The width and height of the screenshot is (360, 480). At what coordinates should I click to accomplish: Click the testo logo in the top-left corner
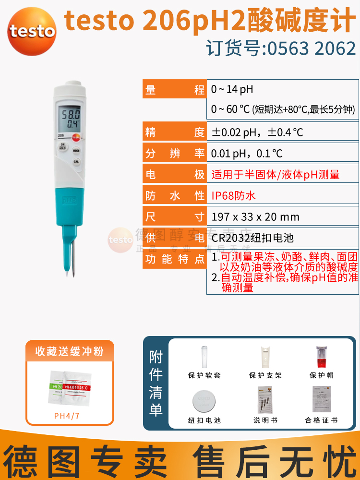(x=32, y=30)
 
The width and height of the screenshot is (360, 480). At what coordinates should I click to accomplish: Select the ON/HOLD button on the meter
(x=62, y=148)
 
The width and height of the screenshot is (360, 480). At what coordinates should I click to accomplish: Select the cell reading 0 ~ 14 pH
(x=232, y=90)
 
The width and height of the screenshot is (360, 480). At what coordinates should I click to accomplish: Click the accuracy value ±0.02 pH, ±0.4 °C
(x=257, y=132)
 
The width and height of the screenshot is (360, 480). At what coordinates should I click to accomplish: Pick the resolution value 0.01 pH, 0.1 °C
(x=247, y=153)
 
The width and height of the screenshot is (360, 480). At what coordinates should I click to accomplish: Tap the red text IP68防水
(x=234, y=195)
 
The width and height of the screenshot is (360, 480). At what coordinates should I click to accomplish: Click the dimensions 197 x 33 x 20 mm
(x=255, y=216)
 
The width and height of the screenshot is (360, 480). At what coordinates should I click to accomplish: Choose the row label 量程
(x=175, y=90)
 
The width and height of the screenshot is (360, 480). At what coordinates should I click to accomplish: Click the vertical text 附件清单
(x=156, y=384)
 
